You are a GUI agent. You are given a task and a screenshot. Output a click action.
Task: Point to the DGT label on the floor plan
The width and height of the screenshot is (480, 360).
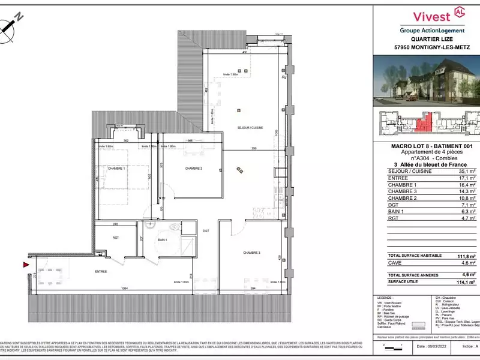coord(205,230)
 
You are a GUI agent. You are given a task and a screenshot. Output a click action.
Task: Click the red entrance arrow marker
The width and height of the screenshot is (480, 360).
coord(25,264)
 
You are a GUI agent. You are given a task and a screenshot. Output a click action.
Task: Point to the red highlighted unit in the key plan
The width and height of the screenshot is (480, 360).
coord(424,124)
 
